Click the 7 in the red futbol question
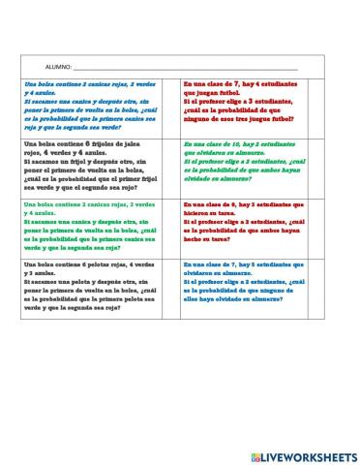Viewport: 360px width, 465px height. [238, 84]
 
